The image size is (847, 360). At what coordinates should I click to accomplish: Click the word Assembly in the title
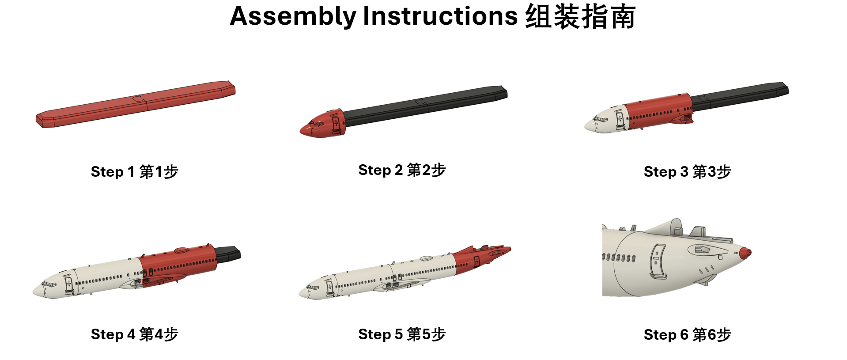point(293,17)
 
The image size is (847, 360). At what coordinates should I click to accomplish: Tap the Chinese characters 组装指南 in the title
point(580,17)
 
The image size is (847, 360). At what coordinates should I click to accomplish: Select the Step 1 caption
point(134,171)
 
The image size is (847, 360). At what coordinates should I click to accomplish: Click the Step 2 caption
point(402,170)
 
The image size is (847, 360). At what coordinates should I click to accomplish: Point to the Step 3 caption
point(687,171)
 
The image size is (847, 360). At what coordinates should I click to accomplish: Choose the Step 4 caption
point(134,334)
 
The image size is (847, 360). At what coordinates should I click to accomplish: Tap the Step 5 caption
point(402,334)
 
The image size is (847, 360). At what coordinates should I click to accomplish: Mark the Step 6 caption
point(687,334)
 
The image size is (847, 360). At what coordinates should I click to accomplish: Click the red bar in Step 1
point(136,104)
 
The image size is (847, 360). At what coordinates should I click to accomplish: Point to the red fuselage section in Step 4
point(179,265)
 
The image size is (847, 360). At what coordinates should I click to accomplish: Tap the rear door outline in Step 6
point(657,261)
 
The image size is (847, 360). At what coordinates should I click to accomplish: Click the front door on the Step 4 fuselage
point(68,284)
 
